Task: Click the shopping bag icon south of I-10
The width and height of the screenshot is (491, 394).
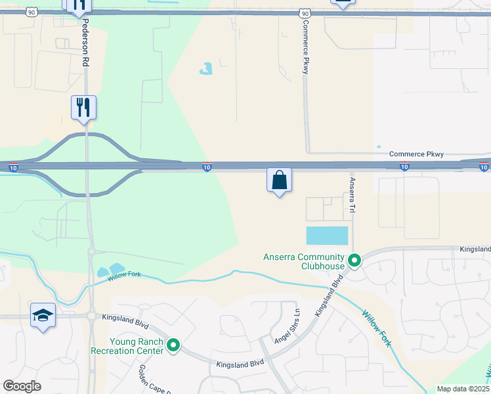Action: [279, 179]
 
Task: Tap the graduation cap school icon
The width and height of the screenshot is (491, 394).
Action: [43, 315]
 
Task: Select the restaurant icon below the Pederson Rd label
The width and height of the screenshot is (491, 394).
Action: [83, 107]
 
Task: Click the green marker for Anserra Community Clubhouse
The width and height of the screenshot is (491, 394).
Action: [354, 261]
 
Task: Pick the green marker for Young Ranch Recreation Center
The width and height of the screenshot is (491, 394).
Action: [173, 344]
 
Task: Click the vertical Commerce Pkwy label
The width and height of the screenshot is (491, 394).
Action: [305, 47]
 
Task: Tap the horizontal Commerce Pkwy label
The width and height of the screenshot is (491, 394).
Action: [416, 154]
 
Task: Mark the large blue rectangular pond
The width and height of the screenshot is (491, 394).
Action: [327, 235]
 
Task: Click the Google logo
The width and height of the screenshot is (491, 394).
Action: [22, 386]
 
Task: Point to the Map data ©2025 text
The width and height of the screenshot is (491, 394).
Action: [462, 389]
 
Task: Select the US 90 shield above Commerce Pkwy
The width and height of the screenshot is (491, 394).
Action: [304, 12]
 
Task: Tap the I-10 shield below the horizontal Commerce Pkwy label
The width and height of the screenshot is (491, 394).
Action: [404, 167]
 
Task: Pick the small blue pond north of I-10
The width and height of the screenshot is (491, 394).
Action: [206, 68]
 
